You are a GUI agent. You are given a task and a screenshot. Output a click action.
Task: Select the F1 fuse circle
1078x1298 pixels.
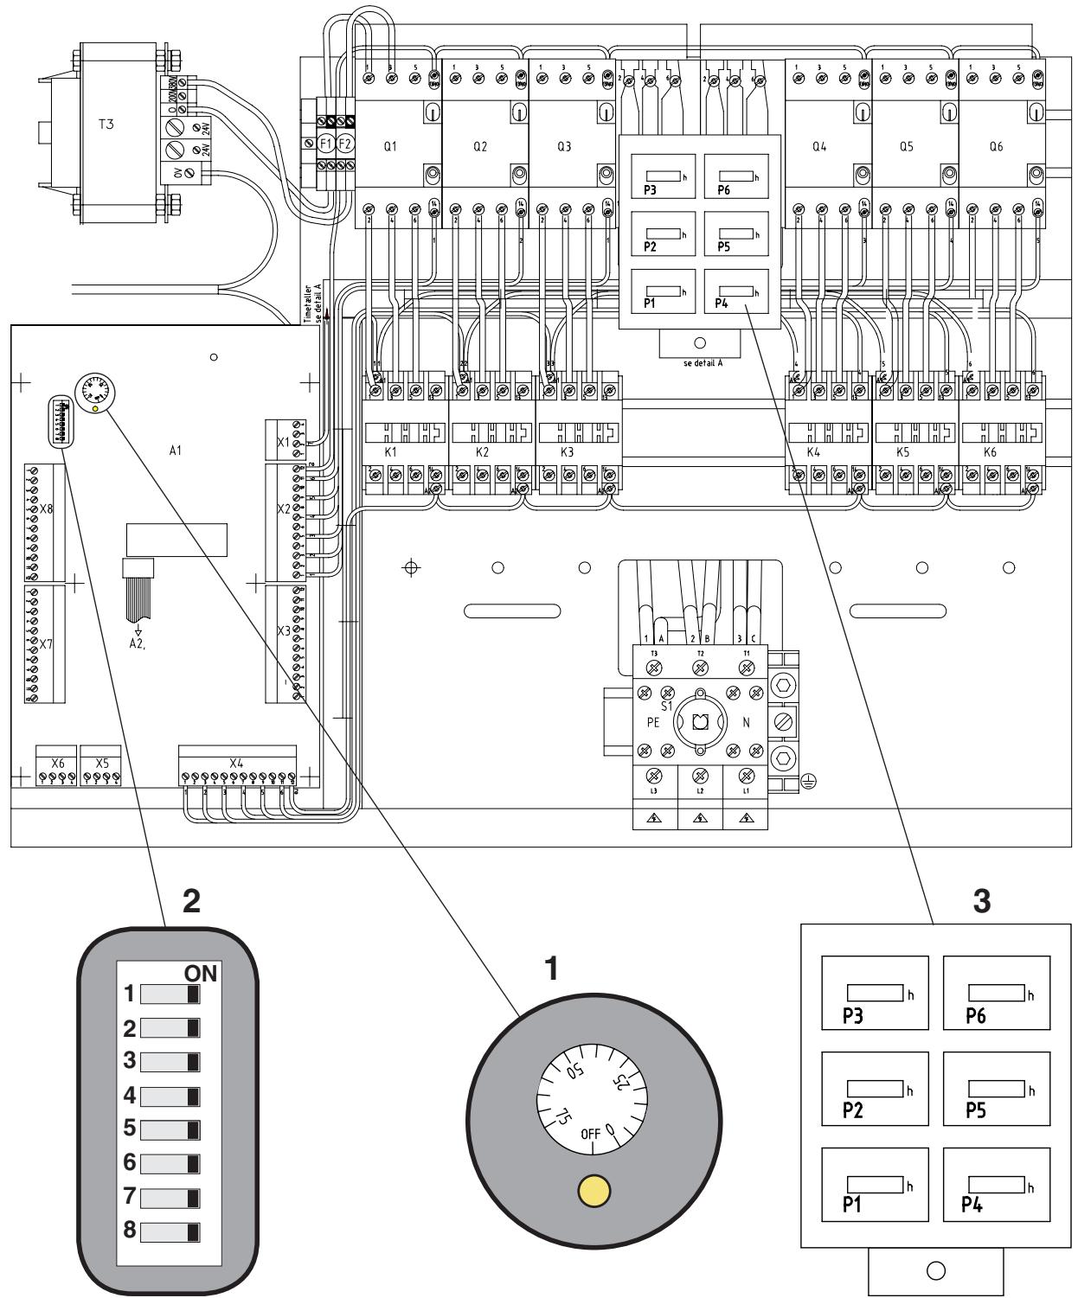click(327, 144)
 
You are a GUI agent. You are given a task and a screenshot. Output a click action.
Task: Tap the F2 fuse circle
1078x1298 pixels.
click(345, 144)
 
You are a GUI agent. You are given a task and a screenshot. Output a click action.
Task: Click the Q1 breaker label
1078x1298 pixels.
click(390, 147)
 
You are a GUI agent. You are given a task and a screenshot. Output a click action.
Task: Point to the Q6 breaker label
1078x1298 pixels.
click(996, 147)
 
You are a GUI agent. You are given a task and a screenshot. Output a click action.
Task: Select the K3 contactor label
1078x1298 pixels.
click(567, 452)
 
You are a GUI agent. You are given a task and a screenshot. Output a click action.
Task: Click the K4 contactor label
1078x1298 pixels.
click(813, 452)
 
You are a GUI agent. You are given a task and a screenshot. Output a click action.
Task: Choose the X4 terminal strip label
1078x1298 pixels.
click(236, 764)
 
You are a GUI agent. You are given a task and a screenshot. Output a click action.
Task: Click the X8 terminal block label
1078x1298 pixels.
click(47, 509)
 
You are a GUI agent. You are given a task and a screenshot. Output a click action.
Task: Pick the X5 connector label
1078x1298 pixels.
click(101, 764)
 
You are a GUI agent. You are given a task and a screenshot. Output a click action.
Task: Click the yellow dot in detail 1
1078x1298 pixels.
click(594, 1191)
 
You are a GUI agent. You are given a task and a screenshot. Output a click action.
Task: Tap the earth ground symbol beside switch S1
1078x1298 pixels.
click(810, 782)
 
